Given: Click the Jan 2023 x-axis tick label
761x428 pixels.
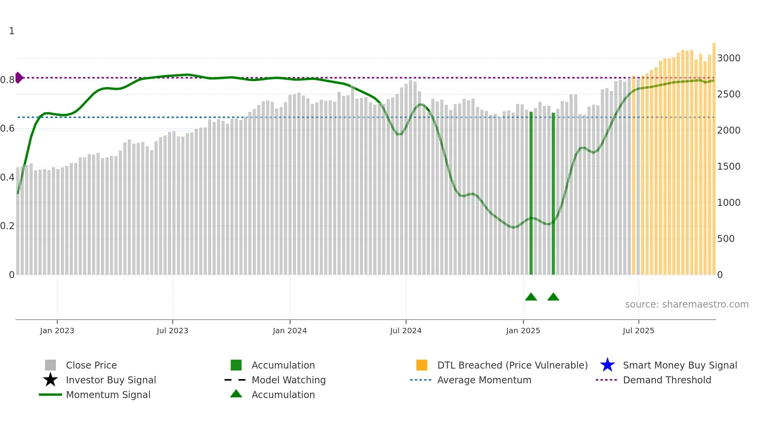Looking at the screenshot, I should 57,331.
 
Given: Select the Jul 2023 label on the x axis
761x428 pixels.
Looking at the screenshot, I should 172,331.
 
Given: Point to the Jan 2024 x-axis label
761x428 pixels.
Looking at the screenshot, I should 290,331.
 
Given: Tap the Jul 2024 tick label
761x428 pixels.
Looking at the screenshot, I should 406,331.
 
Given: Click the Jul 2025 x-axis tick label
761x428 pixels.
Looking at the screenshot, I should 638,331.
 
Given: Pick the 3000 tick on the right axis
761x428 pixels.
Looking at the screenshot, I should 729,58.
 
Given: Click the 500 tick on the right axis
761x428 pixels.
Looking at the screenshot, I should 726,239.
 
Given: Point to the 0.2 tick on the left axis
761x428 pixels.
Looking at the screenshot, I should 7,226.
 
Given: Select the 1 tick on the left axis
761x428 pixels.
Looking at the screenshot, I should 12,31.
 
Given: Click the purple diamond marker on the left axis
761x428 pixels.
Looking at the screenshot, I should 19,78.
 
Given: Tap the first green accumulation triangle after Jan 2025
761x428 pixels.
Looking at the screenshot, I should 531,297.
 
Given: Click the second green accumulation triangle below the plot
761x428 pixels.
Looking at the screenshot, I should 553,297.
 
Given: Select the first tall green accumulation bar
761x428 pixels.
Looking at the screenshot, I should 531,194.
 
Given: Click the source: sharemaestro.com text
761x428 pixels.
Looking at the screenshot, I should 686,304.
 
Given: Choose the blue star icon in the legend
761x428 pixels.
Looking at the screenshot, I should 607,365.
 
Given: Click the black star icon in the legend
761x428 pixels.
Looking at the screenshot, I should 50,380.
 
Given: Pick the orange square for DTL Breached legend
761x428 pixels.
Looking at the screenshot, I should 422,365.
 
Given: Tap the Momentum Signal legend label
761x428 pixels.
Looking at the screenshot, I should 108,395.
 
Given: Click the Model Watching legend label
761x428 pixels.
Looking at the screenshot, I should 288,380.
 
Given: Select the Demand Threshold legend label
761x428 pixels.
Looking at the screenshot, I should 667,380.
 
